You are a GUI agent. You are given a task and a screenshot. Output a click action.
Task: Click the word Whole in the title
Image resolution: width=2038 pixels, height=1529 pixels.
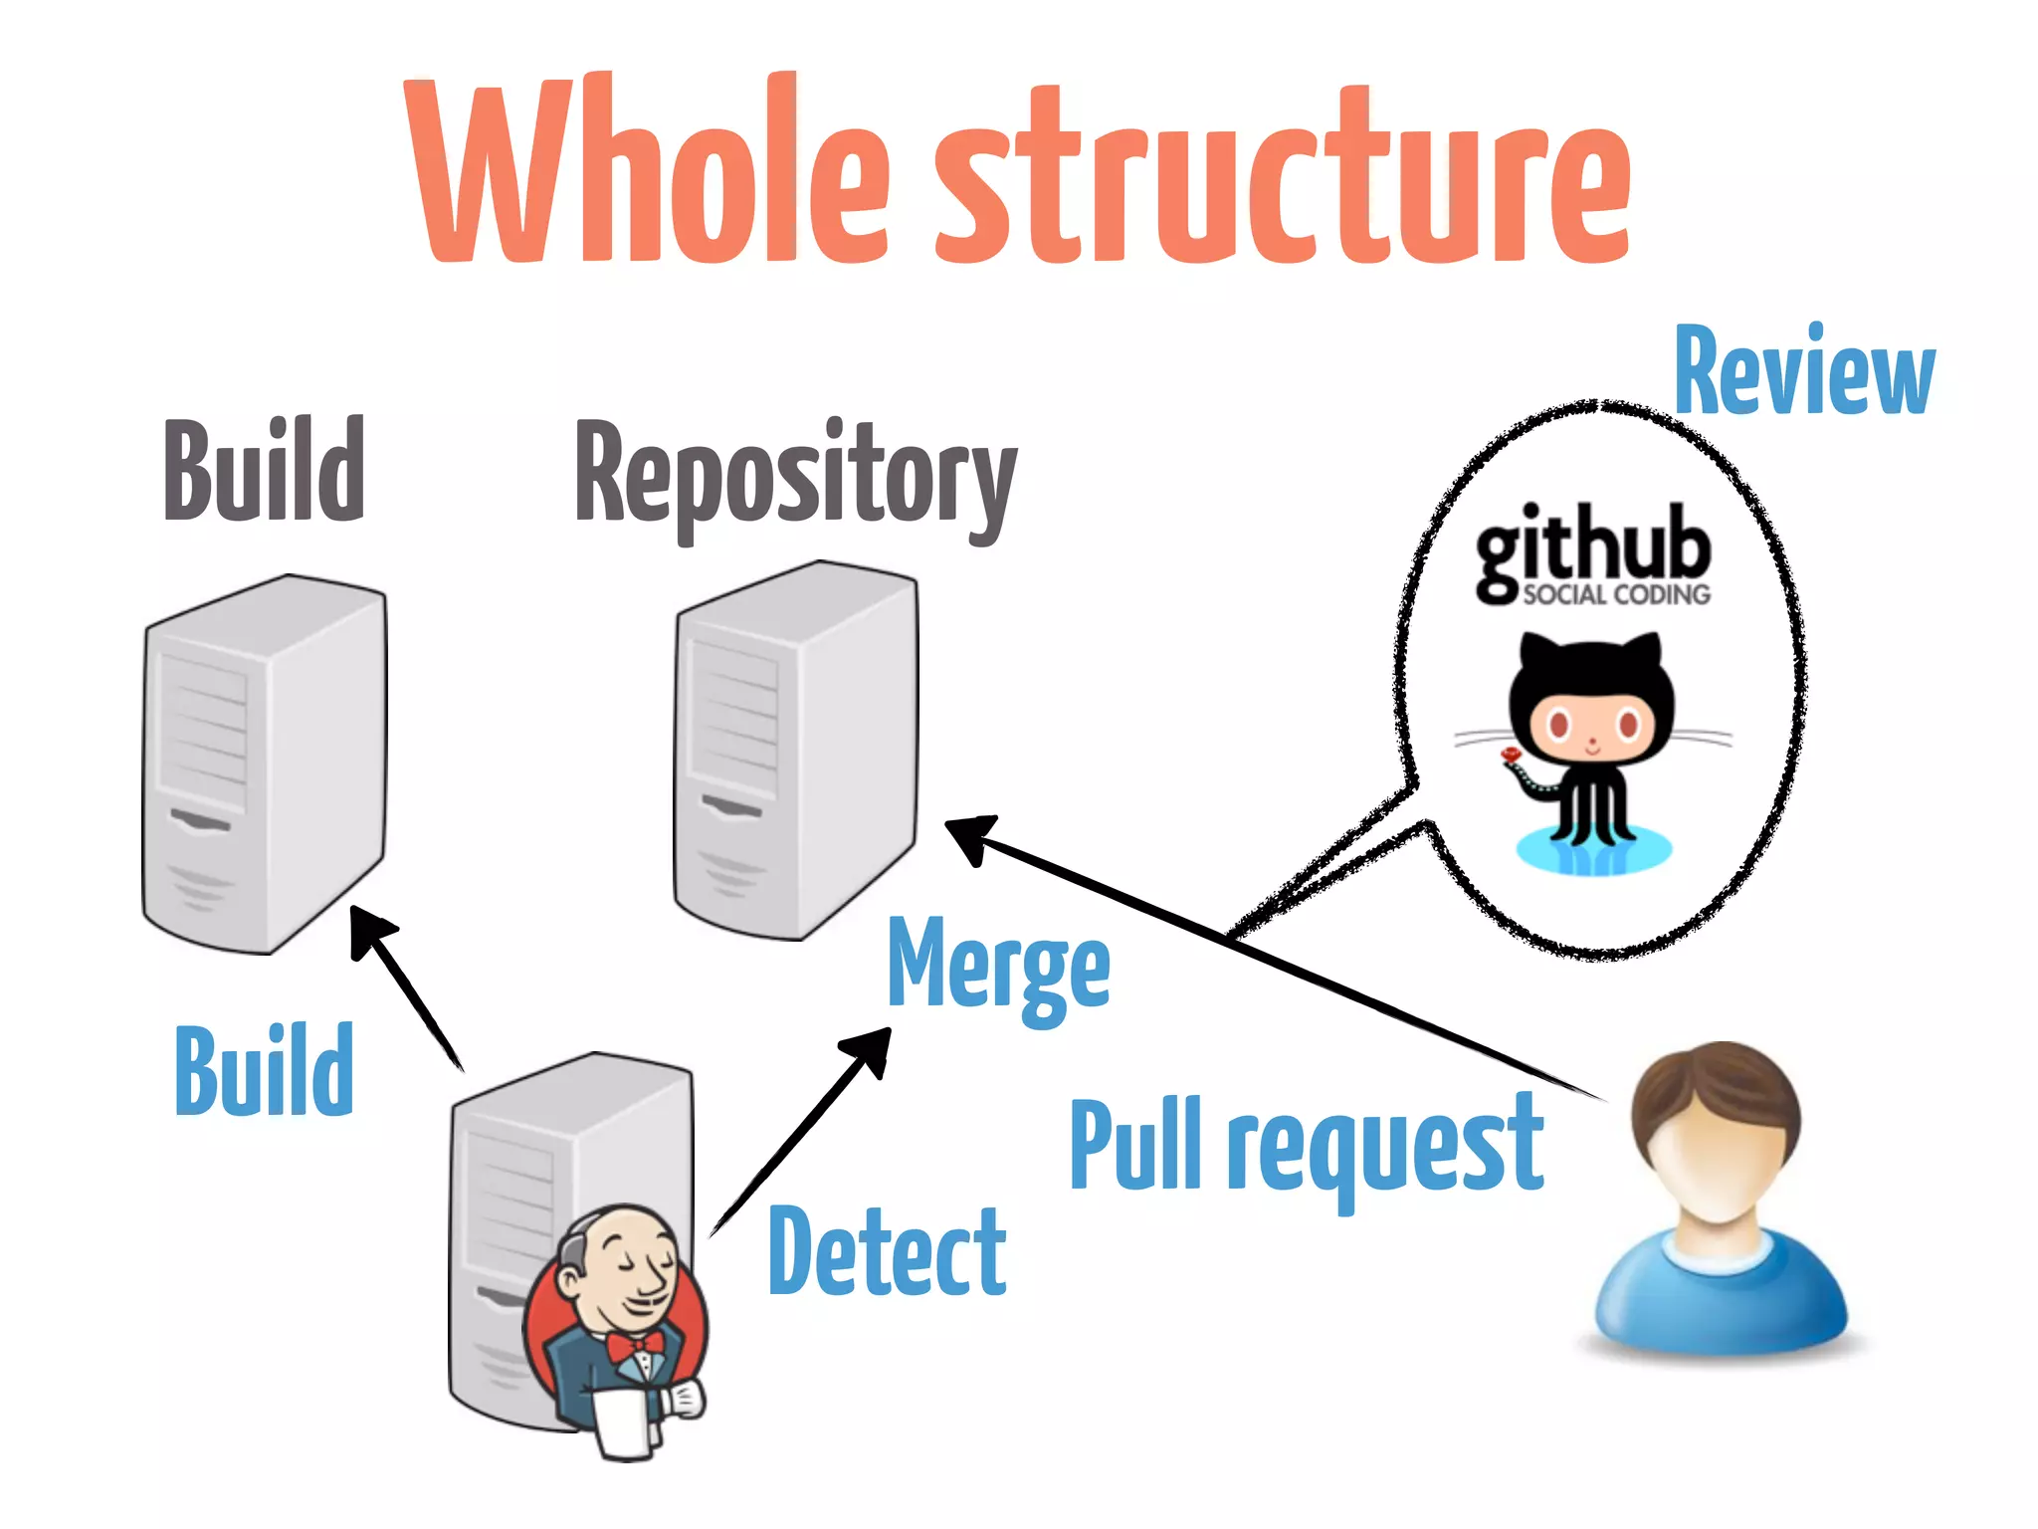[647, 174]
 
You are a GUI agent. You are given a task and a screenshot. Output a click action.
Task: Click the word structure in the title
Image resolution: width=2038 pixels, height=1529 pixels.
[1284, 179]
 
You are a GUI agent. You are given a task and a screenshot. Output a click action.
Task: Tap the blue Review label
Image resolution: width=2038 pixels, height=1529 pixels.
[1803, 370]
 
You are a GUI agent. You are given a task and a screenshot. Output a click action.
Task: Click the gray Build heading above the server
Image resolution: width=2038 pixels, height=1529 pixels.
[264, 470]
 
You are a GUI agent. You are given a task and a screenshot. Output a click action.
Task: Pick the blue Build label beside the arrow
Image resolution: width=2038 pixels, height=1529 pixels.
[264, 1070]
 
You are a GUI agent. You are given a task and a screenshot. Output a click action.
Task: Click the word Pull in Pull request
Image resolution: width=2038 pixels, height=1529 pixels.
[1134, 1145]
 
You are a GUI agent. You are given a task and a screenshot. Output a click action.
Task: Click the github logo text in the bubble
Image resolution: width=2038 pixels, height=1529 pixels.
[1592, 543]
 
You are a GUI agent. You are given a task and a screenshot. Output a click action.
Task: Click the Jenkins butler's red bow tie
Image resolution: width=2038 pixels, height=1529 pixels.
[634, 1346]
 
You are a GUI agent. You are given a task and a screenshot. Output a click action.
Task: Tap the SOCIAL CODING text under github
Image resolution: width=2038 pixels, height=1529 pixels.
[1615, 595]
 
